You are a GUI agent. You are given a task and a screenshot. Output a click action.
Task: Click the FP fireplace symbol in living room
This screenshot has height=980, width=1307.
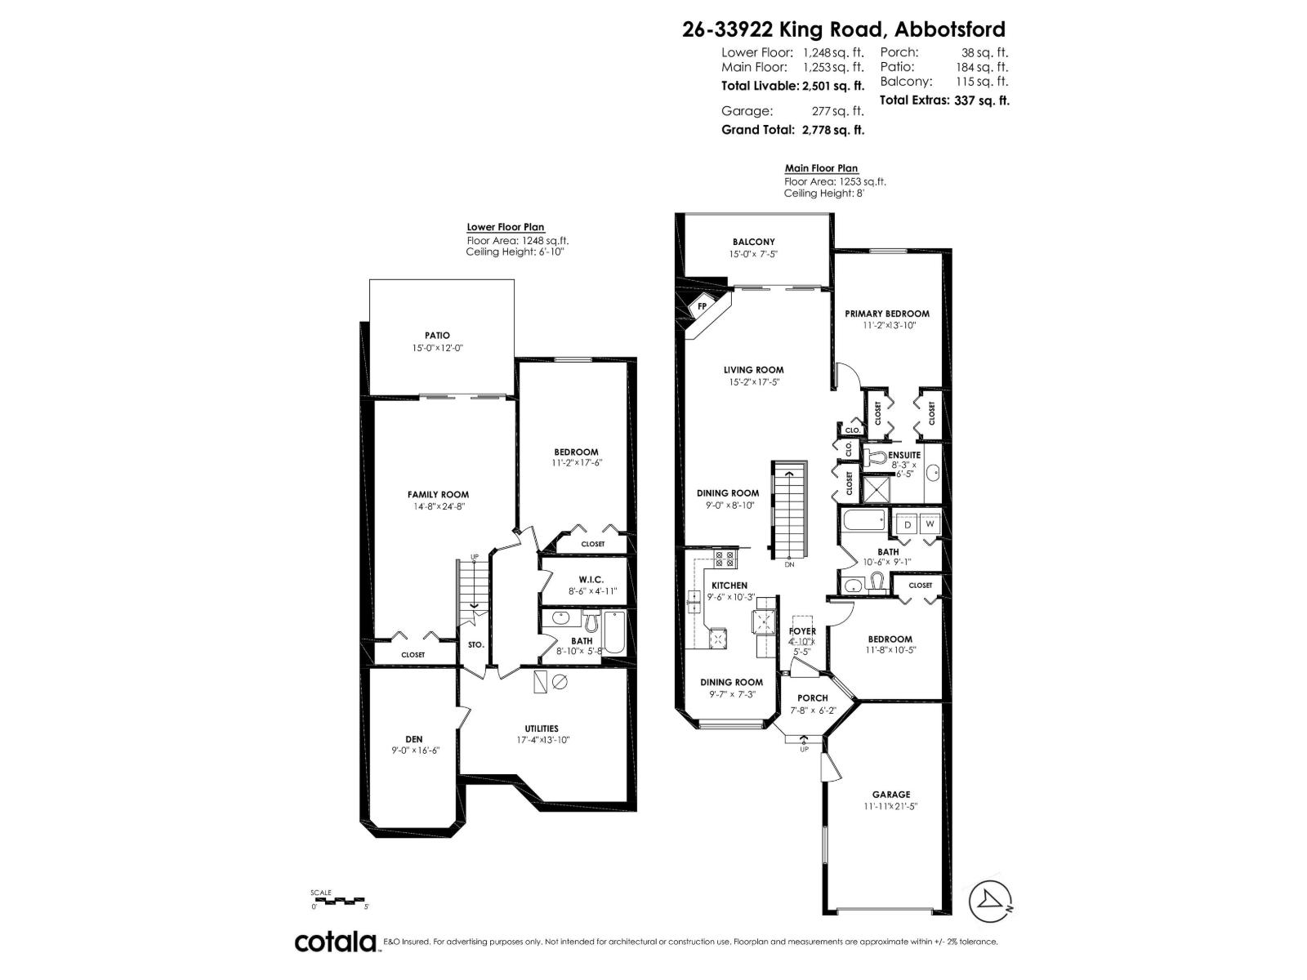tap(701, 307)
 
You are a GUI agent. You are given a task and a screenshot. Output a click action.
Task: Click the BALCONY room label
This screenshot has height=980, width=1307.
tap(753, 242)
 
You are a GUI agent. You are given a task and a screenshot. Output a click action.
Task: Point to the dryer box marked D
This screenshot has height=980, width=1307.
tap(907, 525)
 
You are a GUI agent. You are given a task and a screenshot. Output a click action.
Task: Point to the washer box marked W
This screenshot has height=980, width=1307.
tap(930, 525)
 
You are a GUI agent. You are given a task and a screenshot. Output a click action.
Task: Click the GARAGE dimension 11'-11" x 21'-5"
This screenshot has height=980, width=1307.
tap(890, 806)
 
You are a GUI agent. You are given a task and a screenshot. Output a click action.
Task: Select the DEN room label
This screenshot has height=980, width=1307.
tap(414, 739)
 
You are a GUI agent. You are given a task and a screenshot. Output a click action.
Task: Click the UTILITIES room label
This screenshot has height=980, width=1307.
tap(542, 728)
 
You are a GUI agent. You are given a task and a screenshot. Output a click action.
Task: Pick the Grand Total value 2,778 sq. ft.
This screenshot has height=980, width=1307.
tap(833, 129)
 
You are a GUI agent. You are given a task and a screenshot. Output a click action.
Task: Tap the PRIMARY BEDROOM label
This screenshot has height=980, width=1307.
tap(886, 314)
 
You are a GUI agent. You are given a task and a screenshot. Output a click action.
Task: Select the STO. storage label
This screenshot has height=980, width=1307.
tap(475, 645)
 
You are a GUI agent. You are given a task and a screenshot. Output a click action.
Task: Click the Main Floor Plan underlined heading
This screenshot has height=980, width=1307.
tap(821, 168)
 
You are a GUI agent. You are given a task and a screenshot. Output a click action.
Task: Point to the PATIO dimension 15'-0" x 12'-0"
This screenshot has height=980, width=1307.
tap(437, 348)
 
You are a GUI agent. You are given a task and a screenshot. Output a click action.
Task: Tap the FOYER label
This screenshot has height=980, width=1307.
tap(802, 631)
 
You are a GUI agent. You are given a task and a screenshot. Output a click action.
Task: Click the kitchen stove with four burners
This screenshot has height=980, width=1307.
tap(724, 559)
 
